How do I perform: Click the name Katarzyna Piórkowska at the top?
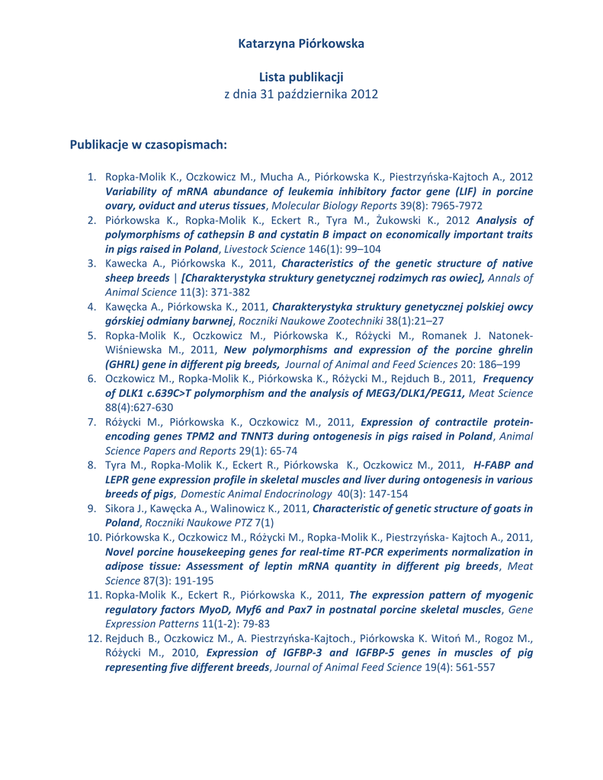301,43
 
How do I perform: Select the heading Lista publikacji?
301,77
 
